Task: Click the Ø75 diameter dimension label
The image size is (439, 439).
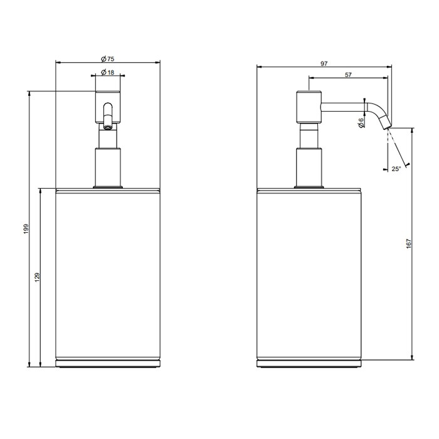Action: pos(107,58)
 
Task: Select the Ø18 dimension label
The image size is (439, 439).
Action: pos(108,73)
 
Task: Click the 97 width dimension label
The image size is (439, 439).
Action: pos(324,64)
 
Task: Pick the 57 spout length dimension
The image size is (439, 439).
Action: pos(348,75)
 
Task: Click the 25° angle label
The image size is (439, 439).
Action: pos(396,169)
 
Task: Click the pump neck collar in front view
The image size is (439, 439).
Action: pos(107,166)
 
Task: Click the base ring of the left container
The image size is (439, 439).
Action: pos(107,363)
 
